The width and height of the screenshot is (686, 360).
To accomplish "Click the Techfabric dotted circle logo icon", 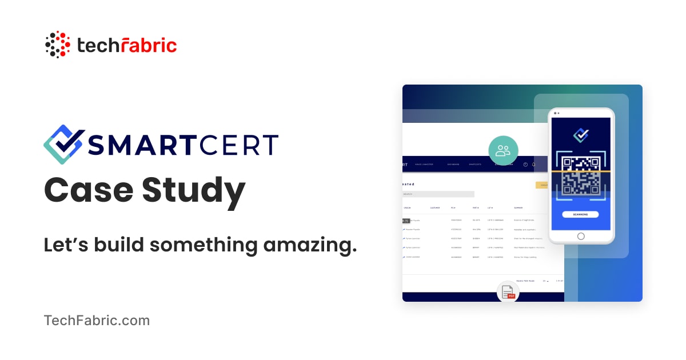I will point(58,45).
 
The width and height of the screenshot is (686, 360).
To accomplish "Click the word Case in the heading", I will point(87,190).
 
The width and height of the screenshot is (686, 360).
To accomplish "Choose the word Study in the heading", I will point(194,191).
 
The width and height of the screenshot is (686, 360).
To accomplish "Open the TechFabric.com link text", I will point(97,321).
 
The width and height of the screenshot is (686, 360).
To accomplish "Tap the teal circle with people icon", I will point(503,151).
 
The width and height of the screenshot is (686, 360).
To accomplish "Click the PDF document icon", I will point(508,292).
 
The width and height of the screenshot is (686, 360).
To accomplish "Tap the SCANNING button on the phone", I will point(580,214).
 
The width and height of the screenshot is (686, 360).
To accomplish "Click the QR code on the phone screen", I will point(581,175).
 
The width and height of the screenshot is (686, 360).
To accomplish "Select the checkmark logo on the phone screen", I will point(581,135).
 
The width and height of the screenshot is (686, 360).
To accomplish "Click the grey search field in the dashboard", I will point(438,194).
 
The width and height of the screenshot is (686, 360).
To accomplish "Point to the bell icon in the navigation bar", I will point(534,165).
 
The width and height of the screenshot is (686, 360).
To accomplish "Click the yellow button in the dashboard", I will point(542,185).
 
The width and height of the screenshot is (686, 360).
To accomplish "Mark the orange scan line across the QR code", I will point(581,171).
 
